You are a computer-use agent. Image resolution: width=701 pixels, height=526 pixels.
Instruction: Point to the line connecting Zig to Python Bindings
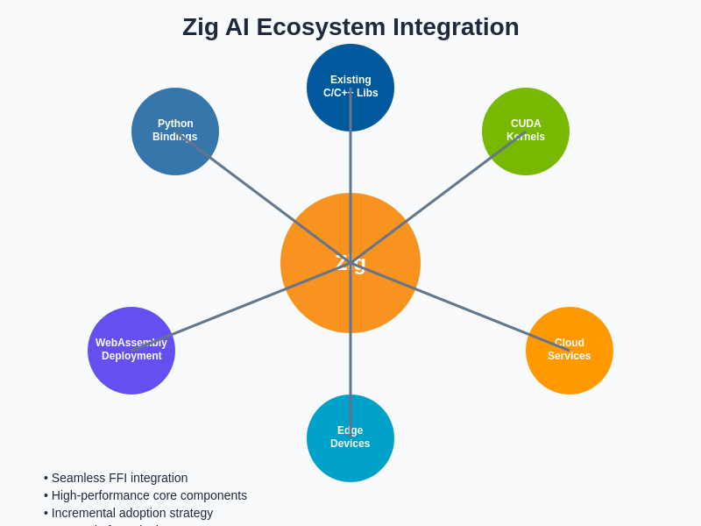(263, 197)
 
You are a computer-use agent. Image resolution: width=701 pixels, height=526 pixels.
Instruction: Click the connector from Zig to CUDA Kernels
(438, 197)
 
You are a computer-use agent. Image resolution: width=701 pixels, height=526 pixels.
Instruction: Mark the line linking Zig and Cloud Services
(460, 307)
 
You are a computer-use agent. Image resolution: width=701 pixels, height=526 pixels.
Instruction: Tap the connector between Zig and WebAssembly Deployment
(241, 307)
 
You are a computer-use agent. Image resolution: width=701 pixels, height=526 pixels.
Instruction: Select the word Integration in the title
(456, 27)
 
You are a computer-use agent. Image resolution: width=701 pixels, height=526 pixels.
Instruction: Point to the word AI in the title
(237, 27)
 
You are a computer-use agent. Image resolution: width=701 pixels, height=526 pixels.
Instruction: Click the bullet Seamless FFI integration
(119, 478)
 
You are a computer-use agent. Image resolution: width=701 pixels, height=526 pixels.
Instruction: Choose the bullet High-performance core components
(149, 495)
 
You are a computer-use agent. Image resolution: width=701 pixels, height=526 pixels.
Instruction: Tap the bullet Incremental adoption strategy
(131, 513)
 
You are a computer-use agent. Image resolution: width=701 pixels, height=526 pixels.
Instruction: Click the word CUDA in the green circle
(526, 124)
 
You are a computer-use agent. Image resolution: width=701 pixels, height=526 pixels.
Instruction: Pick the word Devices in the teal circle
(350, 444)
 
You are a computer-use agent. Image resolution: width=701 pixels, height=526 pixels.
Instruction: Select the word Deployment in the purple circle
(131, 356)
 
